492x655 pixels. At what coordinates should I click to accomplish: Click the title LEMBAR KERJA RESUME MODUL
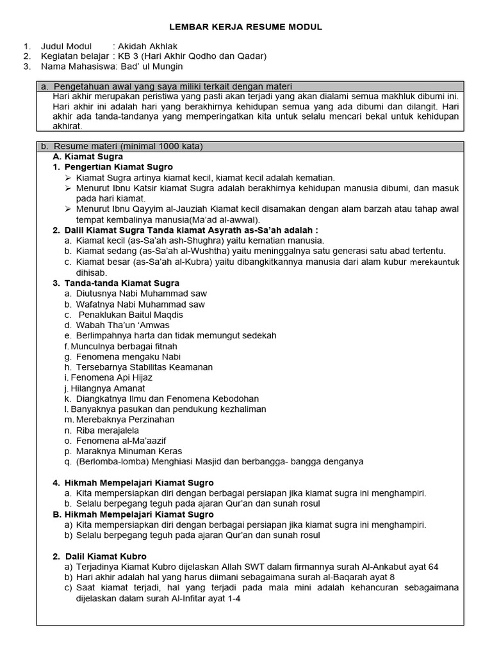point(245,27)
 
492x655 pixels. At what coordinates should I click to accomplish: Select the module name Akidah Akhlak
point(148,46)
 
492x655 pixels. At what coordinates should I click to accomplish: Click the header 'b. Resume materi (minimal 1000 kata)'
point(122,146)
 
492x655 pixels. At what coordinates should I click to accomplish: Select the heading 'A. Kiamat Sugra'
point(88,157)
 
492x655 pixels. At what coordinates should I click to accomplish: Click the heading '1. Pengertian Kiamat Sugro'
point(104,167)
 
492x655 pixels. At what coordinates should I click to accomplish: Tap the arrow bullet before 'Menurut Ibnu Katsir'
point(69,188)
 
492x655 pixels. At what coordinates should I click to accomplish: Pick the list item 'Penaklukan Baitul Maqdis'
point(131,315)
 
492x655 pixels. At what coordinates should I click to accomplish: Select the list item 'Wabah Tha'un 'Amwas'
point(122,325)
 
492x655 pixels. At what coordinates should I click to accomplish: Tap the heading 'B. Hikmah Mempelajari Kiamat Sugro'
point(133,514)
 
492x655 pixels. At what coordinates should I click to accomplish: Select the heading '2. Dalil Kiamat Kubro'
point(99,556)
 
